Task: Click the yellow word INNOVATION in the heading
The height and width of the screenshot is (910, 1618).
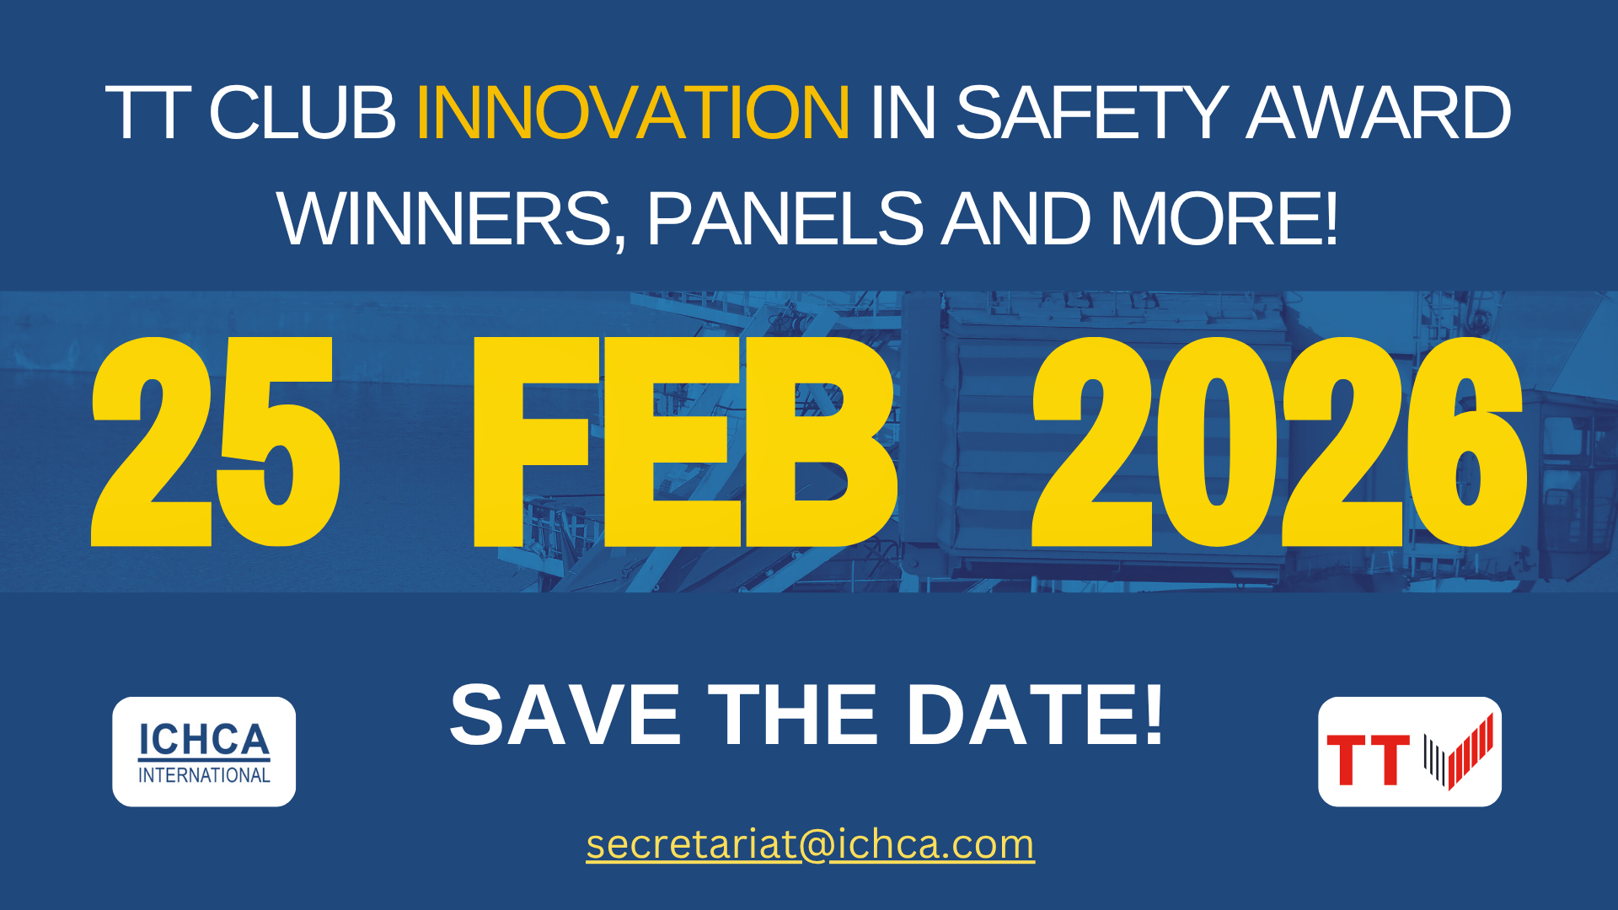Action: [633, 113]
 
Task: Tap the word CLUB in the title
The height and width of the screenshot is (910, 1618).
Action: [302, 113]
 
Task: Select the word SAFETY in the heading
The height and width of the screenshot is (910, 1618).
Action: [1092, 113]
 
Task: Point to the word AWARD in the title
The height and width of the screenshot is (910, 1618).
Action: [1379, 113]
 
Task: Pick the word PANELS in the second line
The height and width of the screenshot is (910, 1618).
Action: [785, 219]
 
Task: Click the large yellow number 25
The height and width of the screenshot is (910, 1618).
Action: [216, 442]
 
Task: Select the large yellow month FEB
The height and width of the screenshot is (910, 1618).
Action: [684, 442]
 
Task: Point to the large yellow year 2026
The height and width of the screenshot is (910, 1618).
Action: [1279, 442]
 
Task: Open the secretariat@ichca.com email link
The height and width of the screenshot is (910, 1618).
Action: [810, 844]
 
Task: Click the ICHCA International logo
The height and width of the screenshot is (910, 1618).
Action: [204, 752]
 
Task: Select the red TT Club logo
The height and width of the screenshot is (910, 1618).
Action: [1410, 752]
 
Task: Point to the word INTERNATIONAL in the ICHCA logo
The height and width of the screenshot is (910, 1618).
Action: [204, 775]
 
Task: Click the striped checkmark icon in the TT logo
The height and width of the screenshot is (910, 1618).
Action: [1459, 752]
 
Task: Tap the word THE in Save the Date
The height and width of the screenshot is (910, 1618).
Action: [792, 716]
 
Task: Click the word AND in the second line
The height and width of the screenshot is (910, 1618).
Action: [1015, 219]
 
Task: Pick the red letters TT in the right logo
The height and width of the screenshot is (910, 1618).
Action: [1368, 760]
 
